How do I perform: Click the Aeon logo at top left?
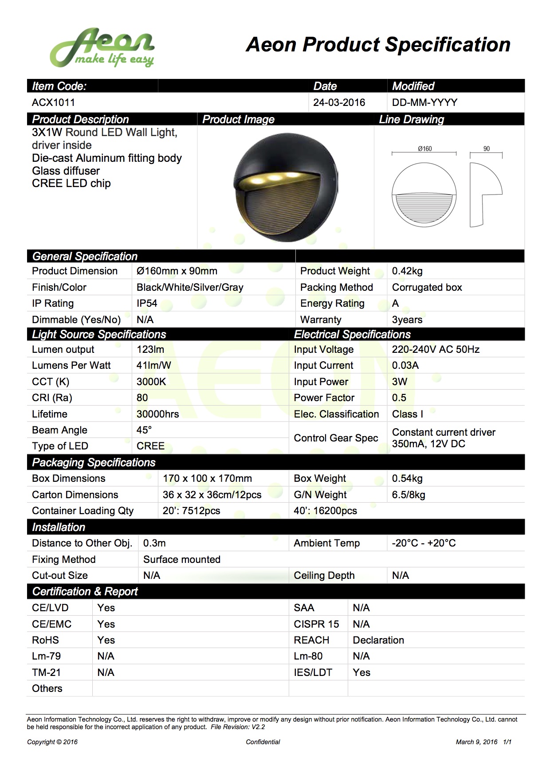pyautogui.click(x=102, y=48)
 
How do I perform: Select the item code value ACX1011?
pyautogui.click(x=53, y=103)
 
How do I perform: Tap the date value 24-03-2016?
pyautogui.click(x=339, y=103)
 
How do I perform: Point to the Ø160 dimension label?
pyautogui.click(x=424, y=149)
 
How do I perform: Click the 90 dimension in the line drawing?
pyautogui.click(x=487, y=149)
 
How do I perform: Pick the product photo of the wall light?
pyautogui.click(x=286, y=187)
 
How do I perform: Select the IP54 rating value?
pyautogui.click(x=147, y=304)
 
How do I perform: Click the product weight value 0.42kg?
pyautogui.click(x=407, y=271)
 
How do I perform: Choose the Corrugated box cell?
pyautogui.click(x=427, y=288)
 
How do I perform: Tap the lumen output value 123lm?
pyautogui.click(x=150, y=350)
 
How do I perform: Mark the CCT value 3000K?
pyautogui.click(x=151, y=382)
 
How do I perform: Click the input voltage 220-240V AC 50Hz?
pyautogui.click(x=436, y=350)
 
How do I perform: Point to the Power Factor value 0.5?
pyautogui.click(x=399, y=398)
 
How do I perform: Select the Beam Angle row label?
pyautogui.click(x=59, y=430)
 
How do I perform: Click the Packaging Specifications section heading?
pyautogui.click(x=94, y=463)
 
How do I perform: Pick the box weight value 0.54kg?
pyautogui.click(x=407, y=479)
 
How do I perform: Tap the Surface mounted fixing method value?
pyautogui.click(x=182, y=560)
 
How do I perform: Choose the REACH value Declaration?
pyautogui.click(x=378, y=640)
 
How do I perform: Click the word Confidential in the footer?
pyautogui.click(x=263, y=742)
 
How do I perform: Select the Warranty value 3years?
pyautogui.click(x=407, y=320)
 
